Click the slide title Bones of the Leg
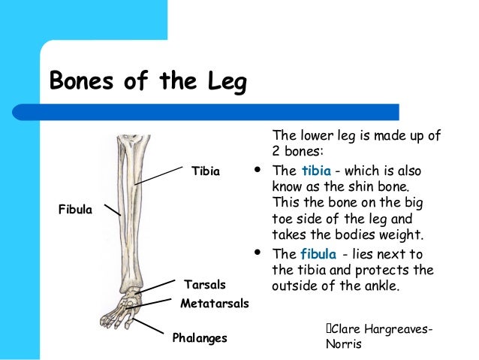point(147,82)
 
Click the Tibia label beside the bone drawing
point(206,171)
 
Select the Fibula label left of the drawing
point(75,210)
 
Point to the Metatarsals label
point(214,304)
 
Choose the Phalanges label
point(200,338)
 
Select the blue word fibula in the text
point(318,253)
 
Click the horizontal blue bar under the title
point(225,112)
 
